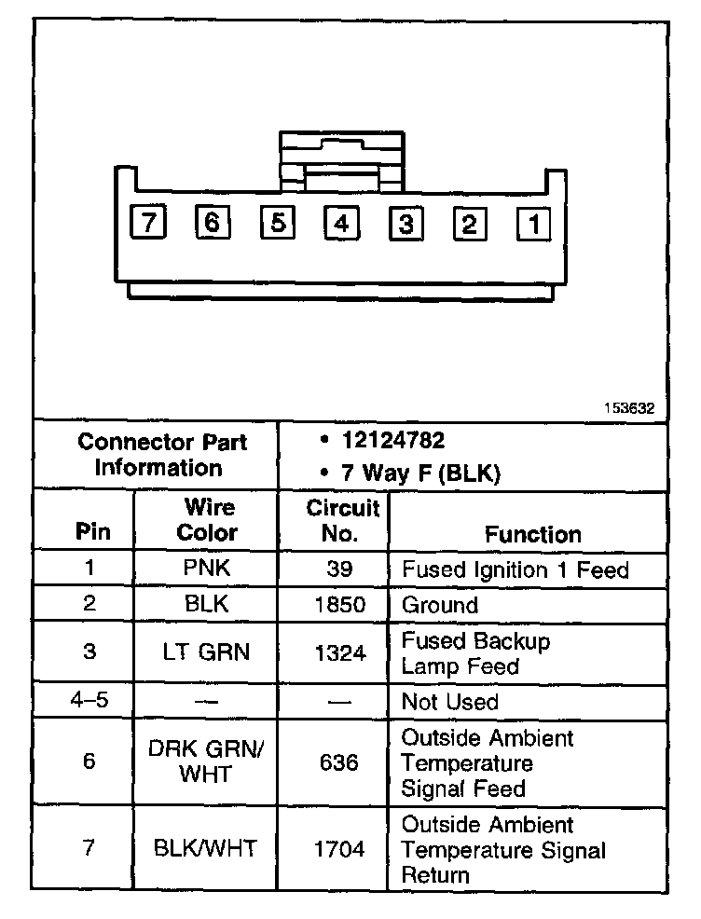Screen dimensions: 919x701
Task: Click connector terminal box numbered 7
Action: tap(148, 223)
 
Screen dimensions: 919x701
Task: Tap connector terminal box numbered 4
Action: tap(341, 224)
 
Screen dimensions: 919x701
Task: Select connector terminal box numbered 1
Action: tap(533, 224)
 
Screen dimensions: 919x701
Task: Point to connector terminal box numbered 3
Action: tap(405, 224)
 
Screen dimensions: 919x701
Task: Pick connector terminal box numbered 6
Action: tap(213, 223)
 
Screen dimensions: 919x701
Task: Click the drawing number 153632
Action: tap(628, 407)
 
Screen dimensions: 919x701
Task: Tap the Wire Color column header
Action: tap(207, 521)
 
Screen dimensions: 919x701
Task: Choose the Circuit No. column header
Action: tap(342, 521)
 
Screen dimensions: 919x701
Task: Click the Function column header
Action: tap(532, 534)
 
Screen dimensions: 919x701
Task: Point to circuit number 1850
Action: tap(339, 605)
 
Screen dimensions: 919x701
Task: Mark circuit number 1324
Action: tap(339, 652)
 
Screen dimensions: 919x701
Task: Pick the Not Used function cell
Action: tap(449, 702)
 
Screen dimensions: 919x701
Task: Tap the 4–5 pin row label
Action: tap(89, 700)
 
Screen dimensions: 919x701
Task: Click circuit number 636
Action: tap(338, 763)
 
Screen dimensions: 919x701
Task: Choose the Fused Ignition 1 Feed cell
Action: tap(515, 569)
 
